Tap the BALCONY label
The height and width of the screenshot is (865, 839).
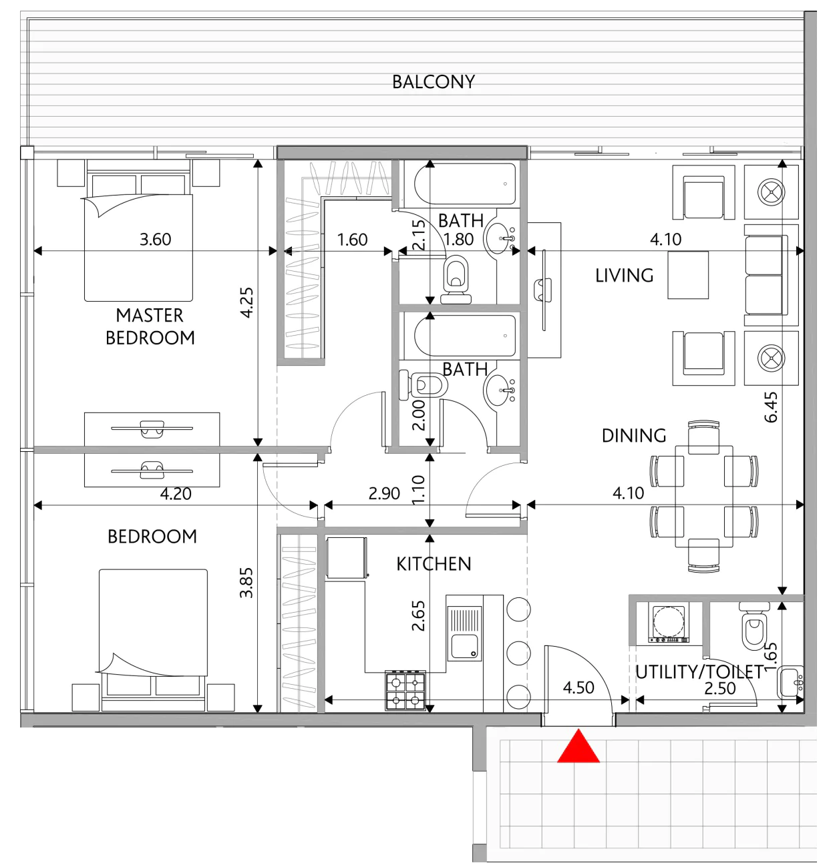pyautogui.click(x=434, y=82)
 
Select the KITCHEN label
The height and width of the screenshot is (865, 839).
pyautogui.click(x=434, y=564)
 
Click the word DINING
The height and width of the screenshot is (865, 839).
pyautogui.click(x=633, y=436)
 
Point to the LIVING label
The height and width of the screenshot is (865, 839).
pyautogui.click(x=624, y=276)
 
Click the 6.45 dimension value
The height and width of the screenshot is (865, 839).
pyautogui.click(x=771, y=406)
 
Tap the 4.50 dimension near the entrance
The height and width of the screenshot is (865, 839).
pyautogui.click(x=578, y=687)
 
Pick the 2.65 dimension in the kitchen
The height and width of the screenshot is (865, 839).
pyautogui.click(x=418, y=616)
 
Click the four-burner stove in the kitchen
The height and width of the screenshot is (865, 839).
pyautogui.click(x=405, y=690)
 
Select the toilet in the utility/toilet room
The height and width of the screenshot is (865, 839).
pyautogui.click(x=753, y=625)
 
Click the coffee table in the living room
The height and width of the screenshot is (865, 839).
pyautogui.click(x=687, y=275)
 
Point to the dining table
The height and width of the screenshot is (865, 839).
pyautogui.click(x=704, y=497)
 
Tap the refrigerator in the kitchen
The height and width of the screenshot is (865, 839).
pyautogui.click(x=347, y=558)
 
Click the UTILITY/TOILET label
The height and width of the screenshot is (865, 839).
pyautogui.click(x=699, y=672)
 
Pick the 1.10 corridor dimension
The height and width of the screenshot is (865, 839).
pyautogui.click(x=418, y=490)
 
